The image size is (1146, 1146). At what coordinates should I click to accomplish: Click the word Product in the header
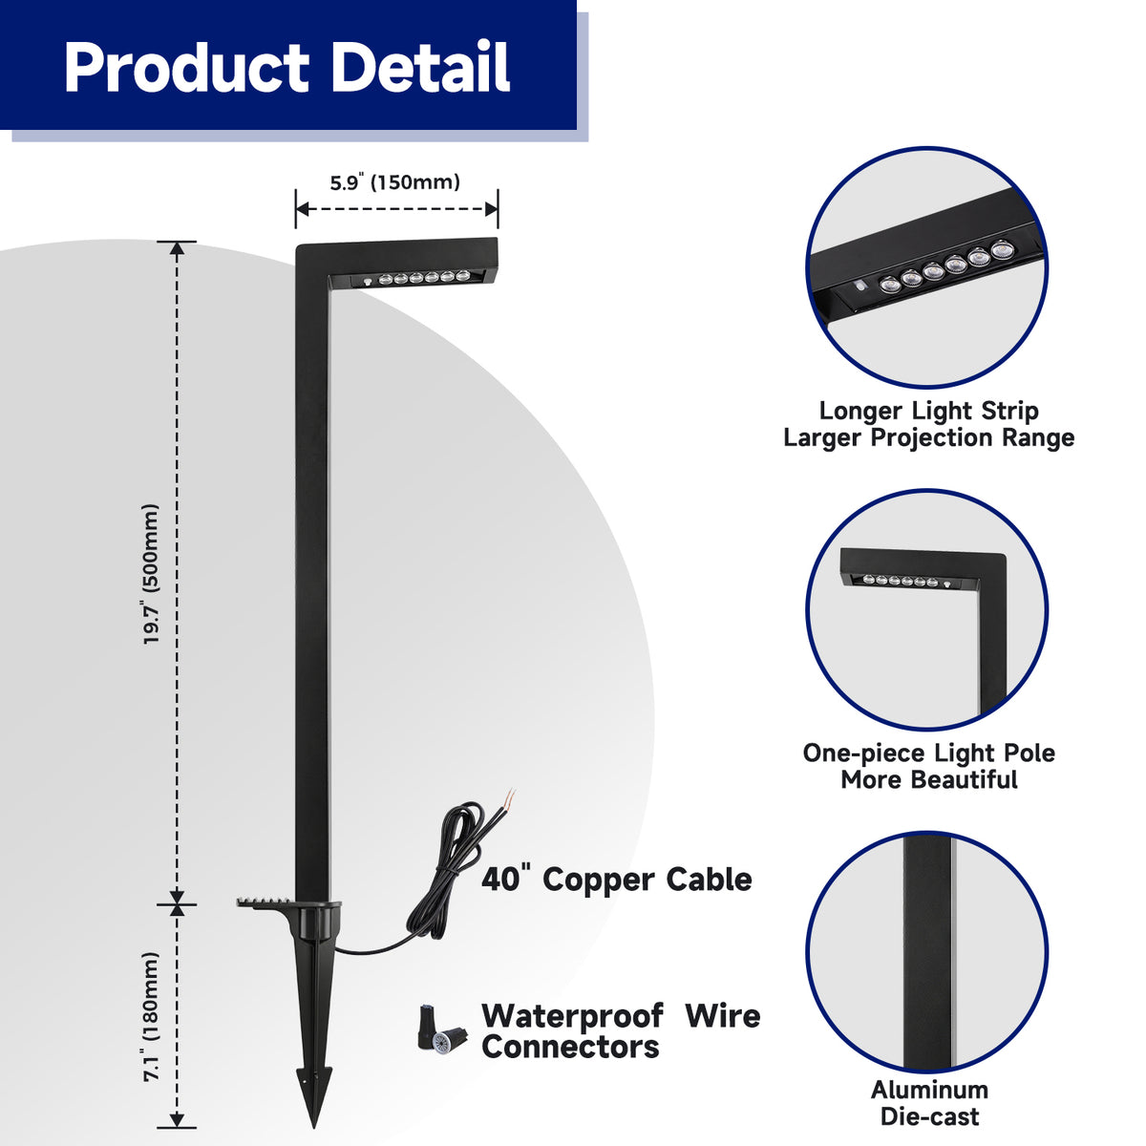coord(186,67)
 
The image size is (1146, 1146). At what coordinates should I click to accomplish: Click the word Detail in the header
coord(420,67)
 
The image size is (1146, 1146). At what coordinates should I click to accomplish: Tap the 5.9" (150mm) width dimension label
coord(395,181)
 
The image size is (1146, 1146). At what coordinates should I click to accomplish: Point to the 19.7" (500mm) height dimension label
coord(151,575)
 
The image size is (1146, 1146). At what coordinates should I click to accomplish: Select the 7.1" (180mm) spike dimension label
coord(151,1017)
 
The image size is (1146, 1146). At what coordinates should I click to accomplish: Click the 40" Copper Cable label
coord(616,879)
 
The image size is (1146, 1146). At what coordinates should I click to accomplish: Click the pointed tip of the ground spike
coord(313,1127)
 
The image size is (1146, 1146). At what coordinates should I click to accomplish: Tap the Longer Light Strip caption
coord(928,423)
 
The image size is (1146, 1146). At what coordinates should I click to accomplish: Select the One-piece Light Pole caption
coord(929,766)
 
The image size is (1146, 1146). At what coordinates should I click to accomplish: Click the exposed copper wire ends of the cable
coord(509,796)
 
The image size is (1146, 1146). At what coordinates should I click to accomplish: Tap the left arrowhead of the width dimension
coord(303,209)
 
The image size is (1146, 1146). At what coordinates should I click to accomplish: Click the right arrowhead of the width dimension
coord(491,209)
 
